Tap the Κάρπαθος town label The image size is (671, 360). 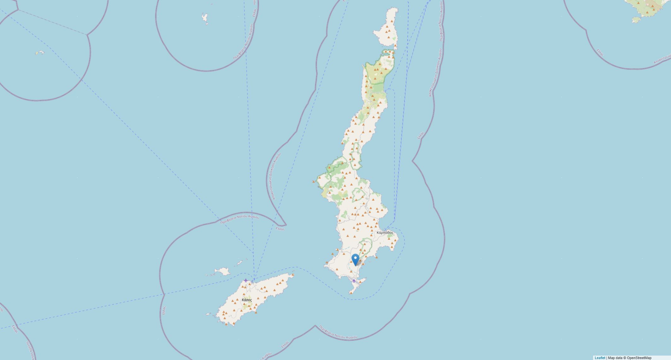[385, 233]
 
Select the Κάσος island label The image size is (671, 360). [247, 300]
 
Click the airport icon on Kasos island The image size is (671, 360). [246, 280]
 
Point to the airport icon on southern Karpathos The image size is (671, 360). [354, 281]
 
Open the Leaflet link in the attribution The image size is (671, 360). [600, 358]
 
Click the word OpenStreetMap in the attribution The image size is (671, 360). [639, 358]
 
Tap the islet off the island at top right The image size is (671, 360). [636, 20]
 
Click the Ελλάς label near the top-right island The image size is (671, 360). [600, 52]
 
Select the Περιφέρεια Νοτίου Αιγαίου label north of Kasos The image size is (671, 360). [240, 219]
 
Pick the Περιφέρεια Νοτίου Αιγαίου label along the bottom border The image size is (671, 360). [338, 332]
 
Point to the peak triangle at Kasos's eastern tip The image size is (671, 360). [293, 275]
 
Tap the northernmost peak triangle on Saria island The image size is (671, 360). [392, 21]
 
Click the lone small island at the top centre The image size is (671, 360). [205, 18]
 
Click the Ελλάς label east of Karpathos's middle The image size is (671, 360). [420, 135]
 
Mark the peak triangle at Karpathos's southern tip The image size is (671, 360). [351, 293]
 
